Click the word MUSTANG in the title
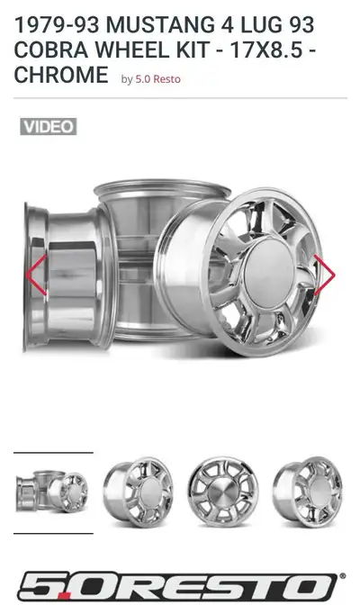(x=159, y=25)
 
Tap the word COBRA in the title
(x=51, y=50)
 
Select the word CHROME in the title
(x=61, y=75)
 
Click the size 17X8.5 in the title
(x=266, y=50)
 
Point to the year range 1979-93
(x=57, y=25)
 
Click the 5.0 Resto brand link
(x=157, y=79)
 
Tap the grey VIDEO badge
(x=49, y=127)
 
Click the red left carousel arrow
(x=36, y=275)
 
